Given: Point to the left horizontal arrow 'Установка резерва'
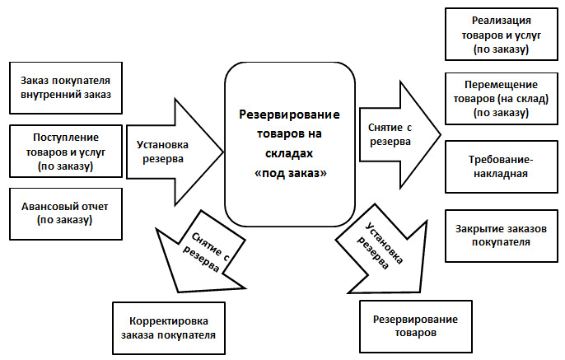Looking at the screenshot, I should (x=173, y=152).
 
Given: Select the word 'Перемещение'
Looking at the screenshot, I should (x=502, y=86).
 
